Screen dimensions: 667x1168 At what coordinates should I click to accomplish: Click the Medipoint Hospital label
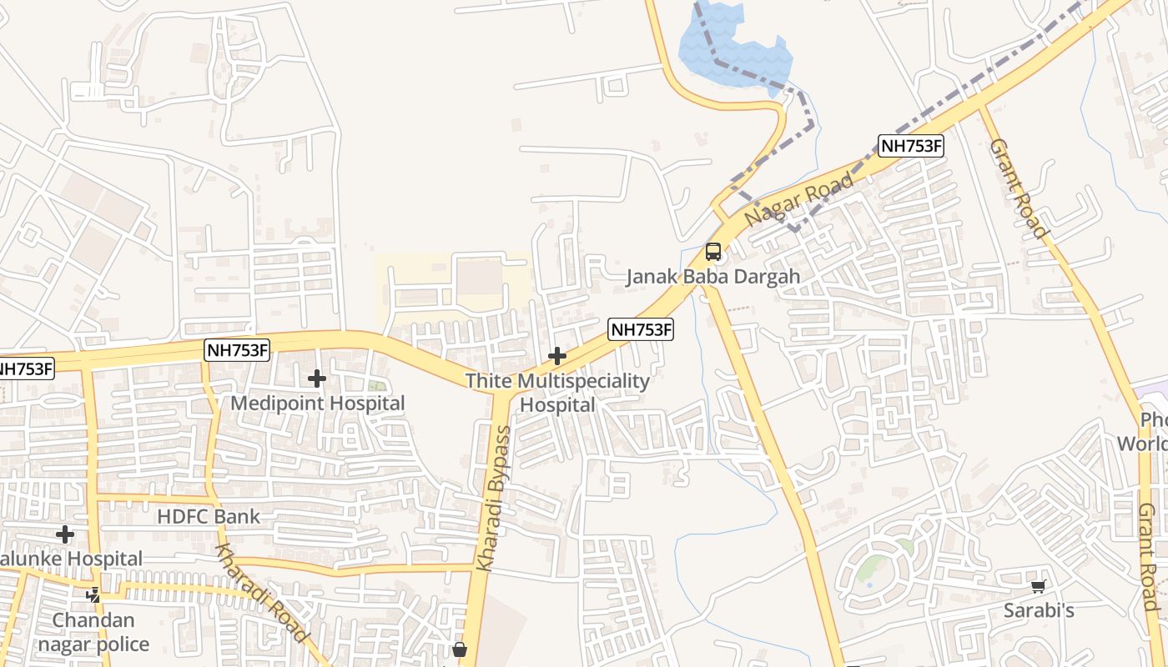pyautogui.click(x=317, y=404)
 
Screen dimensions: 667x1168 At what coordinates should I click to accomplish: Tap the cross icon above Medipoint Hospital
pyautogui.click(x=317, y=379)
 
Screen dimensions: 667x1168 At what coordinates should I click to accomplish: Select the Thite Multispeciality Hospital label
pyautogui.click(x=557, y=393)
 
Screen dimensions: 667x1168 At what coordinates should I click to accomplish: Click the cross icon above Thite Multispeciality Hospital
pyautogui.click(x=556, y=357)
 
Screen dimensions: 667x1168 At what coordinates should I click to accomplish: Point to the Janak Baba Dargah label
pyautogui.click(x=713, y=277)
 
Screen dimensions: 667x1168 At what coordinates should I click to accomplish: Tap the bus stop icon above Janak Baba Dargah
pyautogui.click(x=713, y=251)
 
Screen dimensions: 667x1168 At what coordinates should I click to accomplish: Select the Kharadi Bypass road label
pyautogui.click(x=492, y=499)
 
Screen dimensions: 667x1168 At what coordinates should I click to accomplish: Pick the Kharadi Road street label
pyautogui.click(x=261, y=592)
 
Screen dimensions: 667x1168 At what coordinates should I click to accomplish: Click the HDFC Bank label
pyautogui.click(x=209, y=517)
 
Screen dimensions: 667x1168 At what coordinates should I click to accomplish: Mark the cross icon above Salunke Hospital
pyautogui.click(x=65, y=534)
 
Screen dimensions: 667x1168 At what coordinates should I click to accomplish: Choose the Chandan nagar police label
pyautogui.click(x=93, y=632)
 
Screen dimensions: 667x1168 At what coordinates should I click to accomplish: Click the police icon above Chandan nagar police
pyautogui.click(x=93, y=595)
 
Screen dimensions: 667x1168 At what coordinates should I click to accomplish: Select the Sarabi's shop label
pyautogui.click(x=1038, y=611)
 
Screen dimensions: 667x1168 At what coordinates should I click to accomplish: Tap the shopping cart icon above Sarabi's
pyautogui.click(x=1038, y=587)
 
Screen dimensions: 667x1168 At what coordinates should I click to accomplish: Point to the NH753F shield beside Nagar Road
pyautogui.click(x=910, y=147)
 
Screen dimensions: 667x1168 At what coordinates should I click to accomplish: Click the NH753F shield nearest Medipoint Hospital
pyautogui.click(x=238, y=350)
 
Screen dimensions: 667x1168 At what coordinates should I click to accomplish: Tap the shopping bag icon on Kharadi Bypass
pyautogui.click(x=460, y=649)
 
